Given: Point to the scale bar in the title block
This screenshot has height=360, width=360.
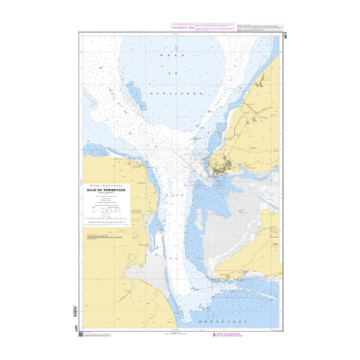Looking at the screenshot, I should (107, 217).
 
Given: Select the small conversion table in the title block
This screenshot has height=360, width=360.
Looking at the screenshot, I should (107, 208).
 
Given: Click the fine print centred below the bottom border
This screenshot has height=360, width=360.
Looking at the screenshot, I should (180, 334).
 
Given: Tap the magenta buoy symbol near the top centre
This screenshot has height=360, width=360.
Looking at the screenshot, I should (177, 47).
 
